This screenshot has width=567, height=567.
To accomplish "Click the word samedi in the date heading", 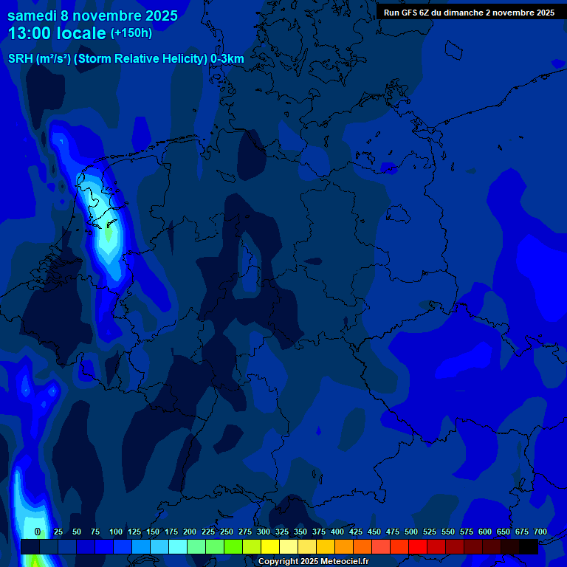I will point(32,15).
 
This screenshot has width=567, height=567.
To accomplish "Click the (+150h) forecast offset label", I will point(131,33).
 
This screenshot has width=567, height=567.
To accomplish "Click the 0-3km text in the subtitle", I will point(227,59).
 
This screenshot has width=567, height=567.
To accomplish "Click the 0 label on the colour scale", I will point(38,532).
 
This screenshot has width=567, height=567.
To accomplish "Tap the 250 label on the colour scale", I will point(227,532).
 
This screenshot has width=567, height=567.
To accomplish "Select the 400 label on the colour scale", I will point(337,532).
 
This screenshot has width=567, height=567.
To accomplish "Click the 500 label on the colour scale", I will point(411,532).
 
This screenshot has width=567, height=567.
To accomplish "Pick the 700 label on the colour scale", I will point(540,532).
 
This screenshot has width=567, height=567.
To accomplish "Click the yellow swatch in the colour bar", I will point(270,546).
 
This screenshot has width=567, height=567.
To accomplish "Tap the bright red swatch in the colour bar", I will point(418,546).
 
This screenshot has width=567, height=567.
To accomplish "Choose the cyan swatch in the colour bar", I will point(178,546).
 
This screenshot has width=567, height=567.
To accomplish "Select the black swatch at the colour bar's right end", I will point(529,546).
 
